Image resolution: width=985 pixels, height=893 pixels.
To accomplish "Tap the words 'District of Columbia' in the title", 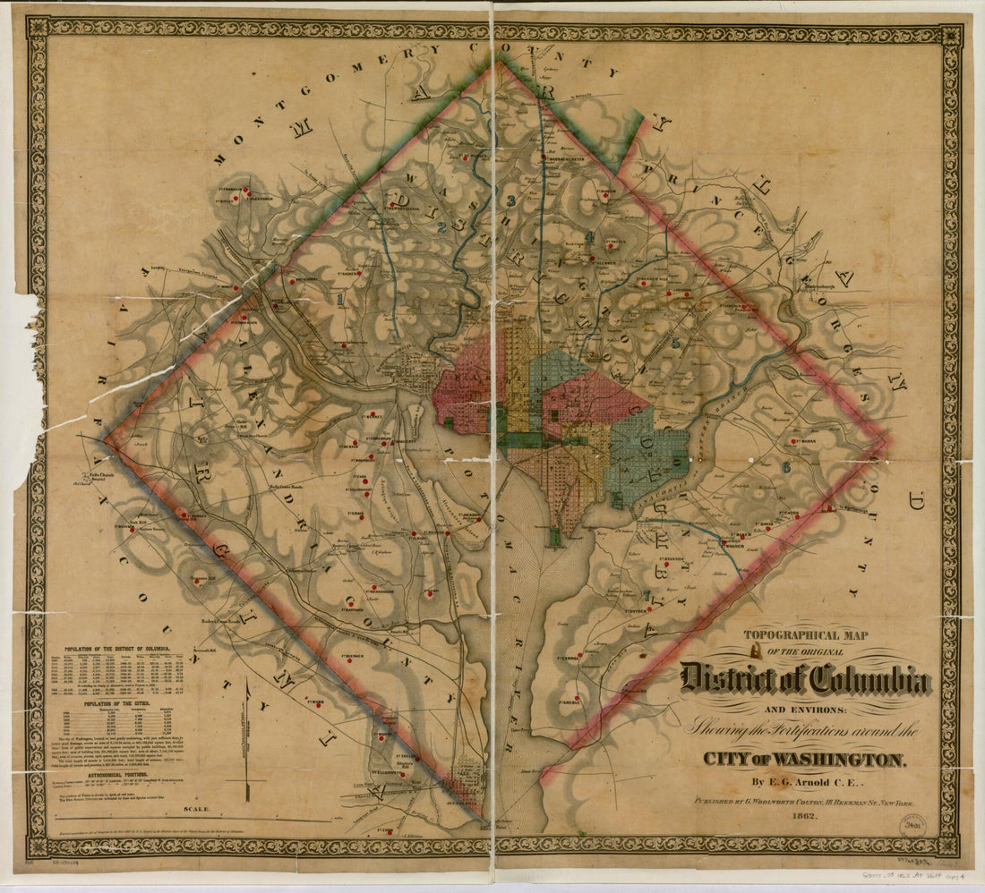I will click(x=803, y=680).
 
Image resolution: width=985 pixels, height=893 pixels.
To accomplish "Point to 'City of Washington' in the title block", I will click(x=803, y=759).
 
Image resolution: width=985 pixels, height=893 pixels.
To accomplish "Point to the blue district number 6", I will click(x=786, y=466).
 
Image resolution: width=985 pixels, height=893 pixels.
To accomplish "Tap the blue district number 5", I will click(x=675, y=344).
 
